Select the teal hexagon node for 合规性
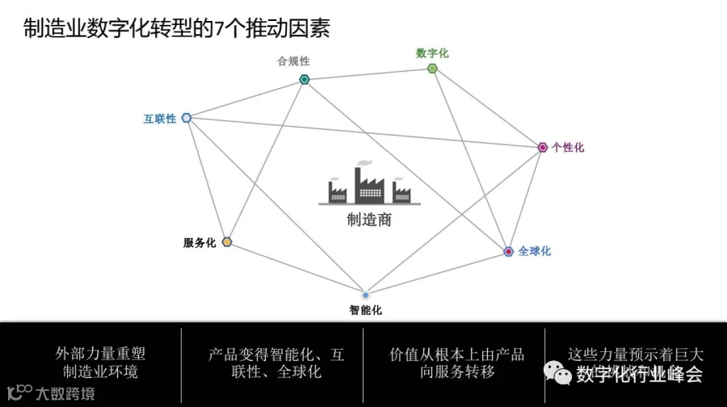click(305, 79)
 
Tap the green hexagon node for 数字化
click(432, 69)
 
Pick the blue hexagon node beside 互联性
click(187, 118)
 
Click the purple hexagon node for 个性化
click(543, 147)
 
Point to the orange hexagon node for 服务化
click(227, 242)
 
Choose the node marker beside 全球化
click(508, 251)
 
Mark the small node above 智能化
click(365, 295)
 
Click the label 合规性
click(293, 61)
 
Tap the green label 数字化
click(432, 53)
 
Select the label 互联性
click(160, 119)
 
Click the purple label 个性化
click(568, 148)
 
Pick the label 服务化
click(200, 243)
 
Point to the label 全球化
click(535, 251)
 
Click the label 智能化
click(365, 310)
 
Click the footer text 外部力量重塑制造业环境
click(100, 363)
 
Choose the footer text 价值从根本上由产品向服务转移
click(456, 363)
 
